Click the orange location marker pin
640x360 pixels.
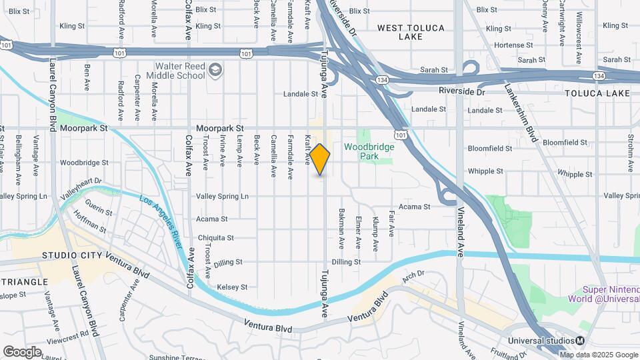(x=320, y=159)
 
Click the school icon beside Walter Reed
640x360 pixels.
(x=215, y=69)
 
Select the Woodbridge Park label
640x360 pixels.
(x=369, y=151)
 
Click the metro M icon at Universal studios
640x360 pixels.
(x=580, y=341)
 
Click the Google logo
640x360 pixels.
(x=22, y=351)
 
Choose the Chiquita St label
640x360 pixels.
(x=215, y=238)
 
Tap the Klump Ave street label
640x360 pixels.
(x=375, y=234)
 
